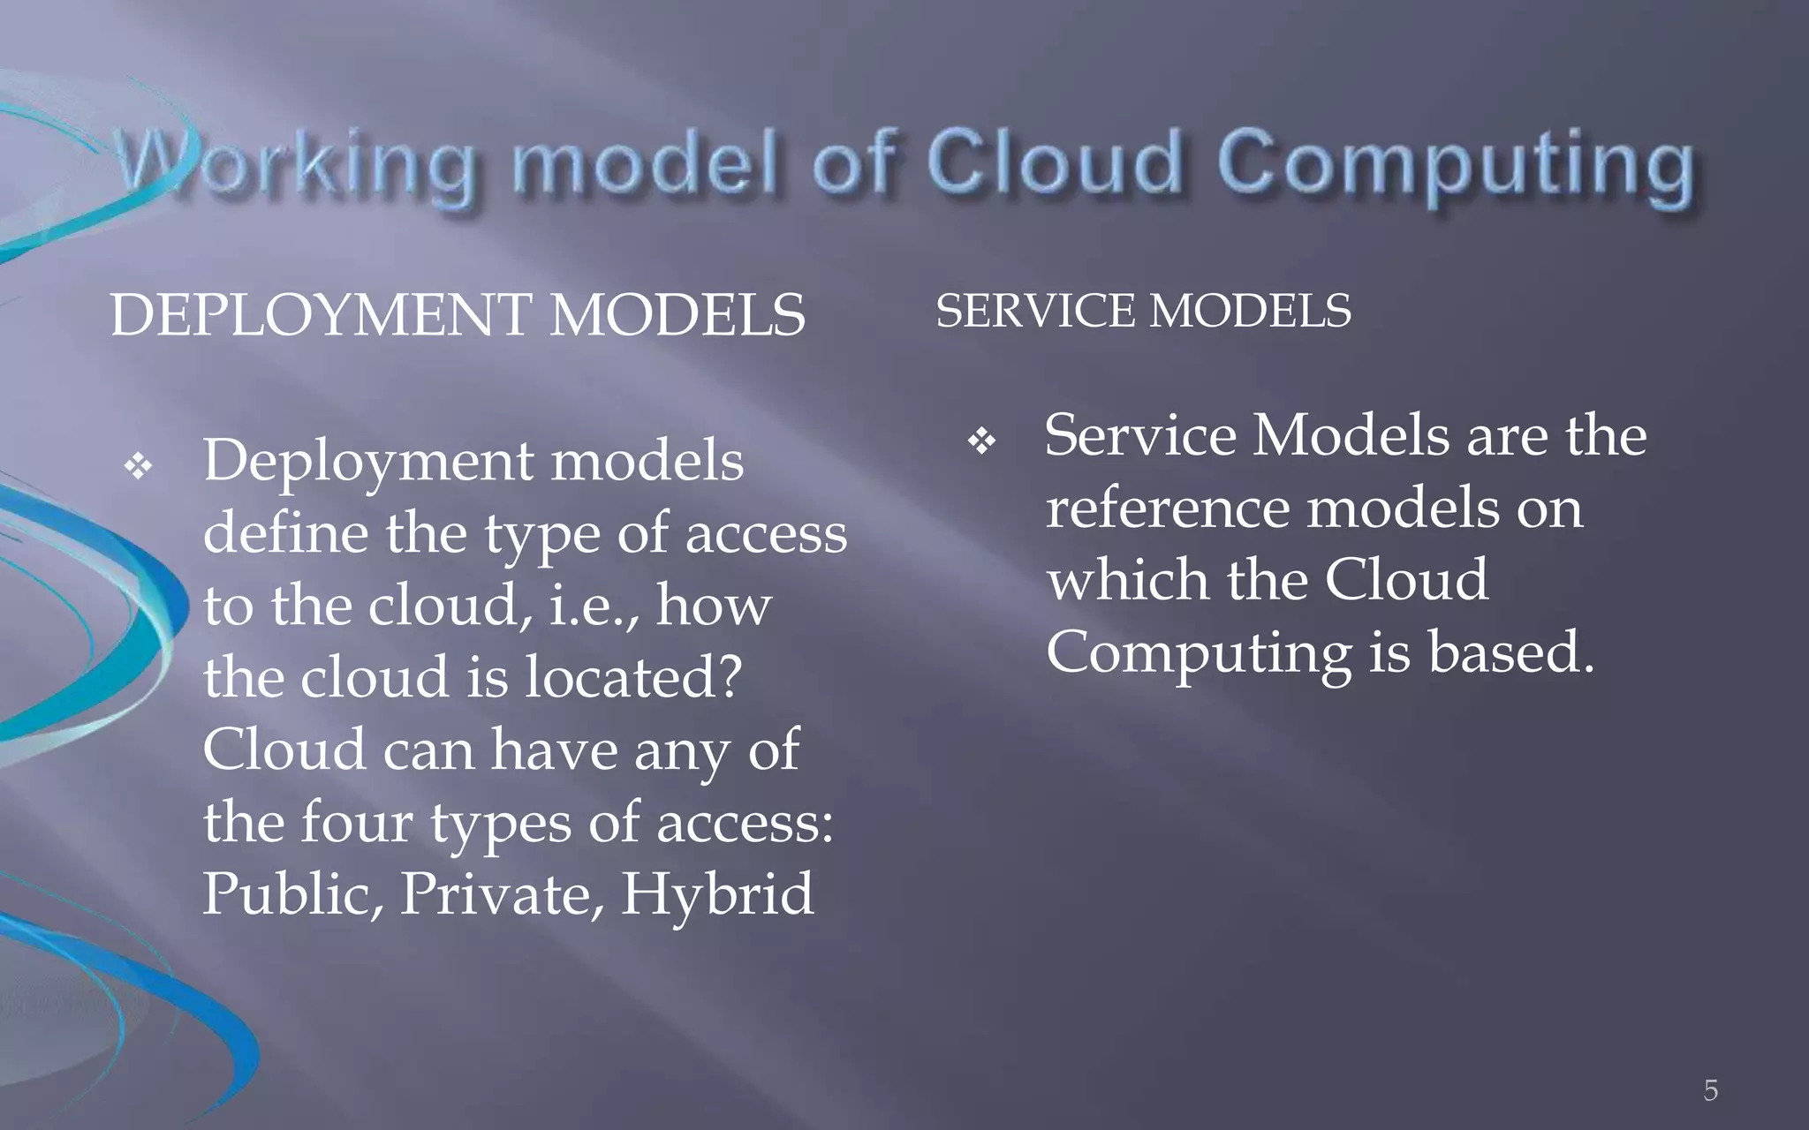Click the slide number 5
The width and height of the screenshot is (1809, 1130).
(1710, 1090)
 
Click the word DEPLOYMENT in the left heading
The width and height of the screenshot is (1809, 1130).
(320, 315)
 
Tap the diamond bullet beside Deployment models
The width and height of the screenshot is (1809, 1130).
(139, 465)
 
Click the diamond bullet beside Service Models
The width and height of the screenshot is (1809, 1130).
(981, 441)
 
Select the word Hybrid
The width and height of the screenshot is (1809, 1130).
(717, 894)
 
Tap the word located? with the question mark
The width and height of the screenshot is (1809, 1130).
(633, 678)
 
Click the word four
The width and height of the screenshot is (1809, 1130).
(357, 822)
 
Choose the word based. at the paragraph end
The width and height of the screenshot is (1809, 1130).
(1511, 652)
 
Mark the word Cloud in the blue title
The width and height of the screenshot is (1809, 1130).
(1053, 163)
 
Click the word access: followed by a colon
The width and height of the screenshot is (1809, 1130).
(745, 822)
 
